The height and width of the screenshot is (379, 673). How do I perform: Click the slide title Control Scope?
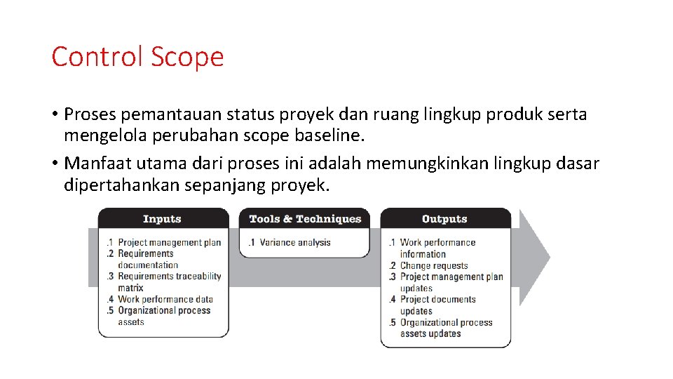(137, 56)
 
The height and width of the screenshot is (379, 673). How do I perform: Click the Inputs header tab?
(163, 219)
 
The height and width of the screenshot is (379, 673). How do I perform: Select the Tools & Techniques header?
(305, 219)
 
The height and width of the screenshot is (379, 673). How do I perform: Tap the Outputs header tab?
(444, 219)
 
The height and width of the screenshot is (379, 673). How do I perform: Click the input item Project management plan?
(169, 243)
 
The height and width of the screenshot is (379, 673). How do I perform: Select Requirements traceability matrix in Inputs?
(169, 281)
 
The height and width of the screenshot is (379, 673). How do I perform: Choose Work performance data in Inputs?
(165, 299)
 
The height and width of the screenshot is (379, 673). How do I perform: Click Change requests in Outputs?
(433, 265)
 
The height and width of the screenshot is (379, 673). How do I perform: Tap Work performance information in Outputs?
(437, 248)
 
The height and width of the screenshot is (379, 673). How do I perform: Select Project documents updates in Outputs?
(437, 305)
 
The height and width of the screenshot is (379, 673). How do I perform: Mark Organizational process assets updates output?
(446, 328)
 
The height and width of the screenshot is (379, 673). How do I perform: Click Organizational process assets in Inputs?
(164, 316)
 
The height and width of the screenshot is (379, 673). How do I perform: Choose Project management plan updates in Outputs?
(451, 282)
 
